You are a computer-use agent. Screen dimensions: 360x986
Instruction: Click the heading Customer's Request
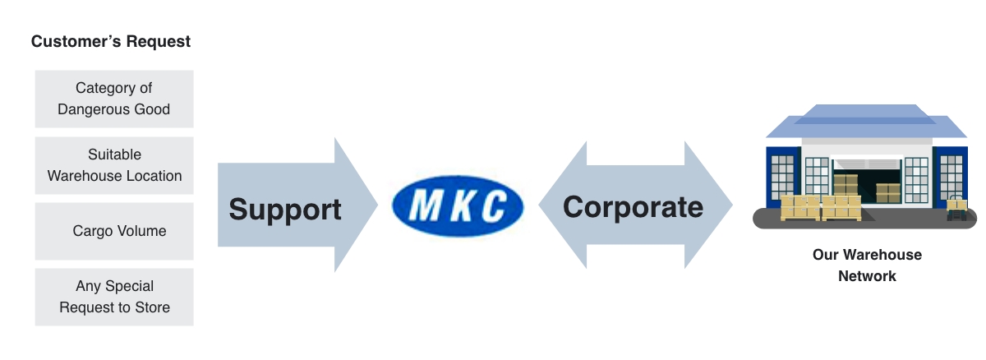click(111, 41)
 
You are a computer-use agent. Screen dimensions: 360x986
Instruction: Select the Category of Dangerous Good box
click(114, 99)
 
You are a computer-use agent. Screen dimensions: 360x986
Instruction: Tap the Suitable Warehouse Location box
click(114, 165)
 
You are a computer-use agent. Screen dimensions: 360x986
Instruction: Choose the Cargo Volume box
click(114, 231)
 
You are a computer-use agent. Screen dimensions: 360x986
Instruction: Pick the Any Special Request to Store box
click(114, 297)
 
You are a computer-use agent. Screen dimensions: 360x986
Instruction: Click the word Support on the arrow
click(285, 209)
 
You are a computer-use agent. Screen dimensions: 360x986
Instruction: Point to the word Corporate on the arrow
click(633, 206)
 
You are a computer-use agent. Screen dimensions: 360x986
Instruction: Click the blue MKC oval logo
click(458, 206)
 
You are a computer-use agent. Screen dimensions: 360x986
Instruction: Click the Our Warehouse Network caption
click(867, 265)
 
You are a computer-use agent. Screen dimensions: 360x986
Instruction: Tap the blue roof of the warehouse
click(867, 124)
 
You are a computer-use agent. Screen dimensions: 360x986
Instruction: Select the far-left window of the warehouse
click(783, 177)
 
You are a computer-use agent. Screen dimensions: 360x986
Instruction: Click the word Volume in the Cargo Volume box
click(141, 231)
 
